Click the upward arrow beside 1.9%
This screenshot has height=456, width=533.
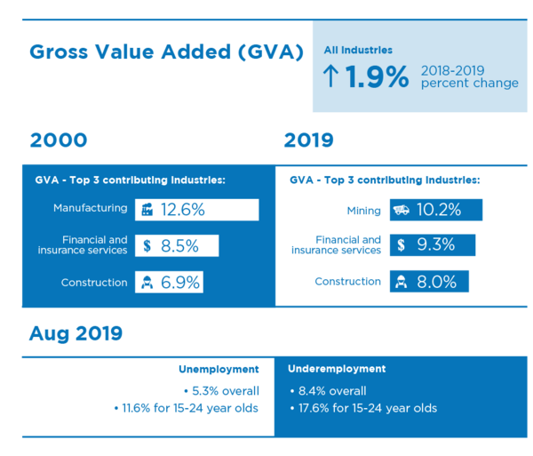[330, 76]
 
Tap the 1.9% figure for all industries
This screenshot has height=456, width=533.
[377, 76]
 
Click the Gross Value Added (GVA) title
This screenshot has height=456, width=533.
[167, 52]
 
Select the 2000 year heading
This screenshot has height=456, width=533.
[59, 140]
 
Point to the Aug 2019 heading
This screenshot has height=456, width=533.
[76, 333]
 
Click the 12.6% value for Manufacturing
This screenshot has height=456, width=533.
[183, 210]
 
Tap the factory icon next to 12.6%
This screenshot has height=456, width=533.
[147, 210]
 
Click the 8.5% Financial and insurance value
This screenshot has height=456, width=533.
[179, 246]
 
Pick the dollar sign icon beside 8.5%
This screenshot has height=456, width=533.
[147, 246]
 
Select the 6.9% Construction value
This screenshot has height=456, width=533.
[180, 283]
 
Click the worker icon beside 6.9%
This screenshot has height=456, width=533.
[147, 283]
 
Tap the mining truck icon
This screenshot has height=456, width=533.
[402, 210]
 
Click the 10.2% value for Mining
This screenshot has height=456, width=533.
[439, 210]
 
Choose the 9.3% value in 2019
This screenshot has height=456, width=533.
[436, 244]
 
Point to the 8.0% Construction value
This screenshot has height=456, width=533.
[437, 282]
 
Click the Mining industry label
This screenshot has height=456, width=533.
[363, 212]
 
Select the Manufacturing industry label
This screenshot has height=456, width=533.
[91, 208]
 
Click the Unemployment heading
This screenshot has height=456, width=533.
[219, 370]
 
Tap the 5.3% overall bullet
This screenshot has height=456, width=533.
[221, 391]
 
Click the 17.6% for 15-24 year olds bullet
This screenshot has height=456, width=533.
[363, 408]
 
